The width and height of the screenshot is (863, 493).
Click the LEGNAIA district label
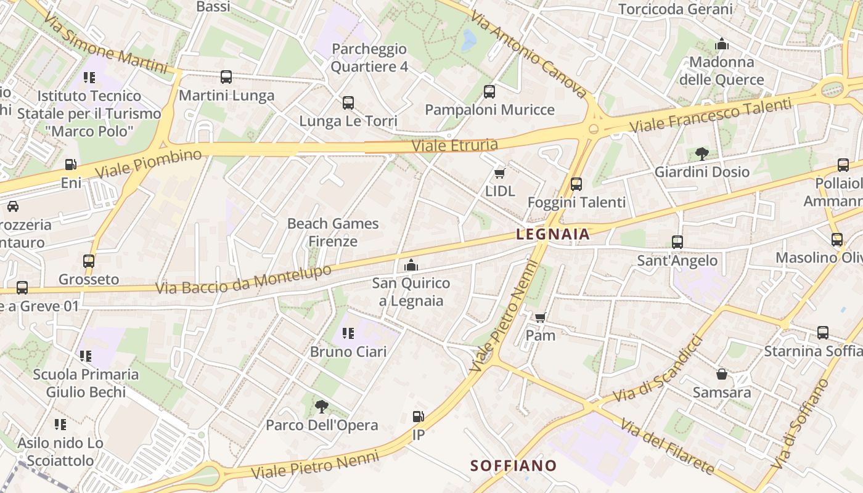(x=553, y=234)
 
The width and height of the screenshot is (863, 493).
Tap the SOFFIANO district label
(x=513, y=465)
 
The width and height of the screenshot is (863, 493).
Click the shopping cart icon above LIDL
(x=499, y=174)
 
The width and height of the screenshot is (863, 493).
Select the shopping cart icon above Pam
(x=540, y=318)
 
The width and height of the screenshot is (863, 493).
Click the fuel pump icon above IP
(x=418, y=417)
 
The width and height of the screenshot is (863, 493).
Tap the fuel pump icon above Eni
(x=71, y=165)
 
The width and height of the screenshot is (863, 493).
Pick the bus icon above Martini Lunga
(x=226, y=77)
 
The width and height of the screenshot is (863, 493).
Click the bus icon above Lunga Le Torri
(x=348, y=103)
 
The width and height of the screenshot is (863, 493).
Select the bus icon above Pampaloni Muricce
(x=489, y=92)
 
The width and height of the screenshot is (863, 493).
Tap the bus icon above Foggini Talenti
(x=576, y=184)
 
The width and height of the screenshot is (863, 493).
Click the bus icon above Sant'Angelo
(x=677, y=242)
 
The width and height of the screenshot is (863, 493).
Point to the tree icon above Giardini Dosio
(x=701, y=154)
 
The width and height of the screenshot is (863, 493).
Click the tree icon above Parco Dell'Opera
(x=321, y=407)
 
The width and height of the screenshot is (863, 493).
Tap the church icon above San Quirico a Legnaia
(x=411, y=266)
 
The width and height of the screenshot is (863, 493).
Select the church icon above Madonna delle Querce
(x=722, y=44)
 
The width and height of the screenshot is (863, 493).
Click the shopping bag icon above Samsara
(x=722, y=374)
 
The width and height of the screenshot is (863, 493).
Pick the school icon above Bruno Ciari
(x=348, y=333)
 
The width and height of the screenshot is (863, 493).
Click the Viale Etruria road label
(x=454, y=145)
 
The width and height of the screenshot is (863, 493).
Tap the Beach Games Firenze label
(x=333, y=232)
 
